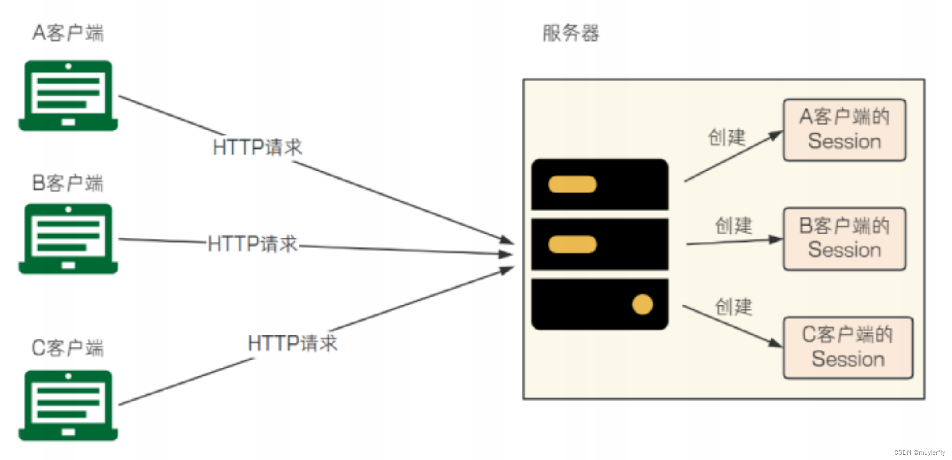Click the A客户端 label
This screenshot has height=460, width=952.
pos(68,33)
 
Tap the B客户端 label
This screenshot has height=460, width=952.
pos(68,183)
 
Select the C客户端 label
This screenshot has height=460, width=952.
pos(68,348)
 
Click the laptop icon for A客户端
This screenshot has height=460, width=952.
pos(68,96)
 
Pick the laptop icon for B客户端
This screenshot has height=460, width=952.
pos(68,238)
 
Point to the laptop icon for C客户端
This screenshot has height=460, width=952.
pos(68,405)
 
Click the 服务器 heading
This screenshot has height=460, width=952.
pos(571,33)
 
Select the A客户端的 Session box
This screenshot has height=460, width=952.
pos(844,130)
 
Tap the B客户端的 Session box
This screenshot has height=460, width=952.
pos(844,238)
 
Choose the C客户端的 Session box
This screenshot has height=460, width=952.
pos(847,347)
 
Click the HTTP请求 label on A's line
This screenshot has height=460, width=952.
pos(257,147)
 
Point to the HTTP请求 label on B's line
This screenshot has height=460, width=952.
pos(253,244)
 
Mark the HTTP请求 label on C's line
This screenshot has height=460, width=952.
pos(293,343)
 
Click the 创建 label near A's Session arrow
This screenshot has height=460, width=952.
pos(727,137)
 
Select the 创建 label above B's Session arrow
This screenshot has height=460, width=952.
pos(733,226)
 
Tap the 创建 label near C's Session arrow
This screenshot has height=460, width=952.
pos(733,307)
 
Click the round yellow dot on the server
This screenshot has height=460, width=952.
pos(642,305)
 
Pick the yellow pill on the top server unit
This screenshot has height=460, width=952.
pos(572,184)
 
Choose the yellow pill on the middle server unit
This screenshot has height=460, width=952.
pos(572,245)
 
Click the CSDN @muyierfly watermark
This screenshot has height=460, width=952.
pos(919,452)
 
